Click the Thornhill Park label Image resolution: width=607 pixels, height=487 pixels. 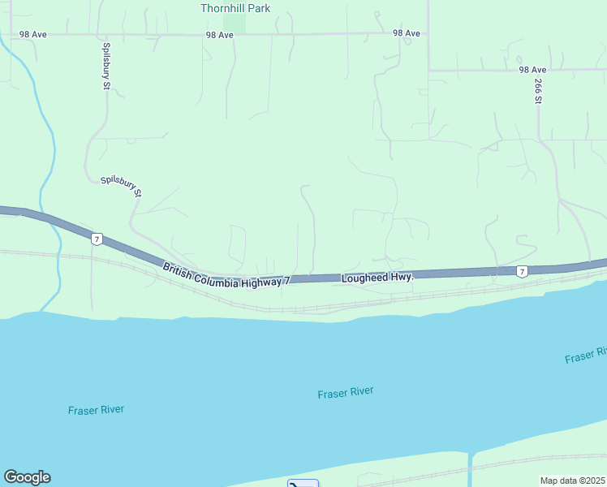pyautogui.click(x=235, y=8)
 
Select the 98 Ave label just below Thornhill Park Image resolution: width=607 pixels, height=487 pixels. pyautogui.click(x=219, y=35)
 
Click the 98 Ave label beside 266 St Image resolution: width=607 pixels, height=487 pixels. pyautogui.click(x=533, y=71)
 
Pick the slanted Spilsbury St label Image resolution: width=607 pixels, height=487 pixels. pyautogui.click(x=121, y=187)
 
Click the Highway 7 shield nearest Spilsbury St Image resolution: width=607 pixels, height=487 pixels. pyautogui.click(x=97, y=239)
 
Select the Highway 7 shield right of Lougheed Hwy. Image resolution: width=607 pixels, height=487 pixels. pyautogui.click(x=523, y=271)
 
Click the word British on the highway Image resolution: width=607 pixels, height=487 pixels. pyautogui.click(x=179, y=271)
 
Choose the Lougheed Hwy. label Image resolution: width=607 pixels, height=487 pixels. pyautogui.click(x=377, y=278)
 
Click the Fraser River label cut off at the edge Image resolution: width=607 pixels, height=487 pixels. pyautogui.click(x=586, y=356)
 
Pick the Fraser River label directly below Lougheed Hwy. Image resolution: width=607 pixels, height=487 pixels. pyautogui.click(x=345, y=393)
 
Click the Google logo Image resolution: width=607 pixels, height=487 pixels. pyautogui.click(x=27, y=477)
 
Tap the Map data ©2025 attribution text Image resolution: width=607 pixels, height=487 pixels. pyautogui.click(x=573, y=481)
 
